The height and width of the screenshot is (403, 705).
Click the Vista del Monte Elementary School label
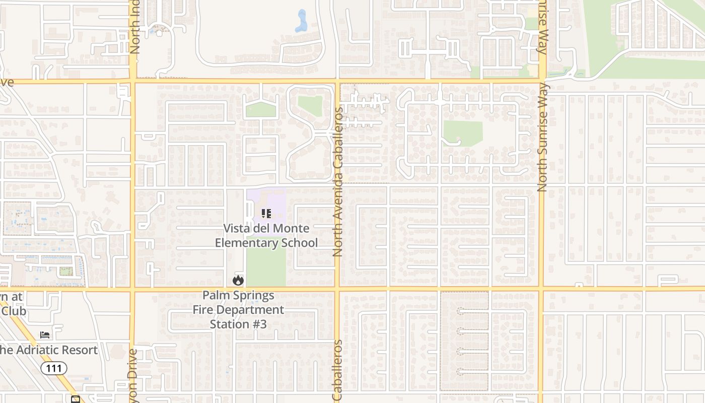pos(266,236)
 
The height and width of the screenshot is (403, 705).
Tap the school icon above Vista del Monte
pos(266,214)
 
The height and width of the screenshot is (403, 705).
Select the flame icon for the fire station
pos(238,280)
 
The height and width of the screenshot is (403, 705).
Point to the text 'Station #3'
pos(238,324)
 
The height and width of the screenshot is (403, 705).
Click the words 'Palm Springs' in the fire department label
pos(238,296)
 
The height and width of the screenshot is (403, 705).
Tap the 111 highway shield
pos(54,368)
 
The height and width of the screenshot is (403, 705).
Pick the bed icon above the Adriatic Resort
pos(45,335)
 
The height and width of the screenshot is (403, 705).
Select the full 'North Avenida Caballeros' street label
pos(337,181)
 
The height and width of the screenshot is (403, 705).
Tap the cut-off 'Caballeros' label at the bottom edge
pos(337,371)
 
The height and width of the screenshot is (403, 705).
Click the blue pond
pos(302,22)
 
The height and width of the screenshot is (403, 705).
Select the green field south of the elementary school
pos(266,267)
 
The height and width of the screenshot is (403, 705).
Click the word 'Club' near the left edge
pos(14,311)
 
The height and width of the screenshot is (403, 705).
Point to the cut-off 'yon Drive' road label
pos(133,376)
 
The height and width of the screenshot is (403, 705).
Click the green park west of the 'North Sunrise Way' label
pos(462,133)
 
